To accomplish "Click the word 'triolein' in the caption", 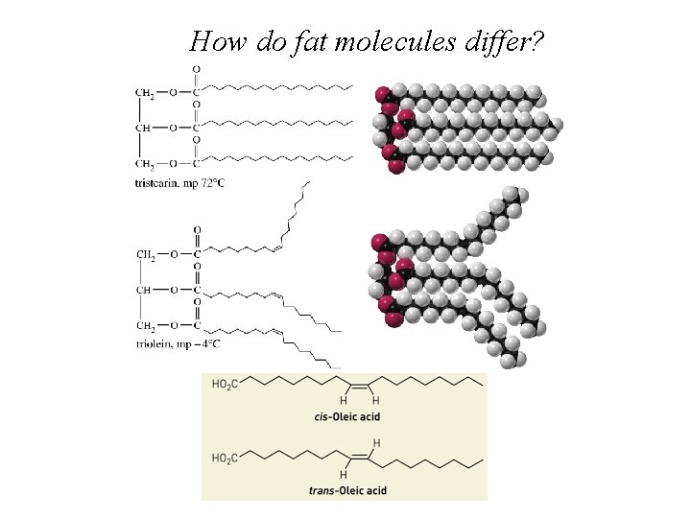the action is pyautogui.click(x=154, y=343).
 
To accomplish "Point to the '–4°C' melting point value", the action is pyautogui.click(x=208, y=343).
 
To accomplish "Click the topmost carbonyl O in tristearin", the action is pyautogui.click(x=197, y=69).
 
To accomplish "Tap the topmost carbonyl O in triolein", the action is pyautogui.click(x=197, y=230).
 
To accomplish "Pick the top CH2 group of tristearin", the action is pyautogui.click(x=147, y=93).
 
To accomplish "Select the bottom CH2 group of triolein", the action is pyautogui.click(x=147, y=325).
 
